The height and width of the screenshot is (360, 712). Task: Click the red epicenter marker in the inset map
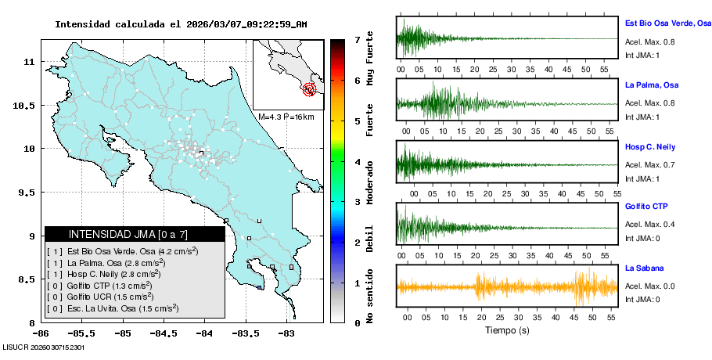(x=311, y=89)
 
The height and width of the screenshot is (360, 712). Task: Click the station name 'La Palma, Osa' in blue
(x=651, y=85)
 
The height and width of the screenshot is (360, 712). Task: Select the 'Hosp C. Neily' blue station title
(x=649, y=147)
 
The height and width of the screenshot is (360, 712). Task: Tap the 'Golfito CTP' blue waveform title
(x=646, y=207)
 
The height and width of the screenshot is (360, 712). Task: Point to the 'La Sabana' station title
(x=644, y=268)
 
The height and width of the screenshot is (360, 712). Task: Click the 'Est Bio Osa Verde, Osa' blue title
(x=667, y=23)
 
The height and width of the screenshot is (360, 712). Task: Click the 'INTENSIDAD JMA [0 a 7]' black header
(x=117, y=234)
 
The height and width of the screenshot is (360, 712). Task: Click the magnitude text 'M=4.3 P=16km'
(x=286, y=117)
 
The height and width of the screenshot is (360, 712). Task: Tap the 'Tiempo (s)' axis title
(x=507, y=330)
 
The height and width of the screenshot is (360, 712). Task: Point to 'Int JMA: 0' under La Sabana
(x=642, y=299)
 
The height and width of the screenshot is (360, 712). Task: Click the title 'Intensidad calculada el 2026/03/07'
(x=181, y=24)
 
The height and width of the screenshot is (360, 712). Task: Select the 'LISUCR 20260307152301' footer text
(x=43, y=346)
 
